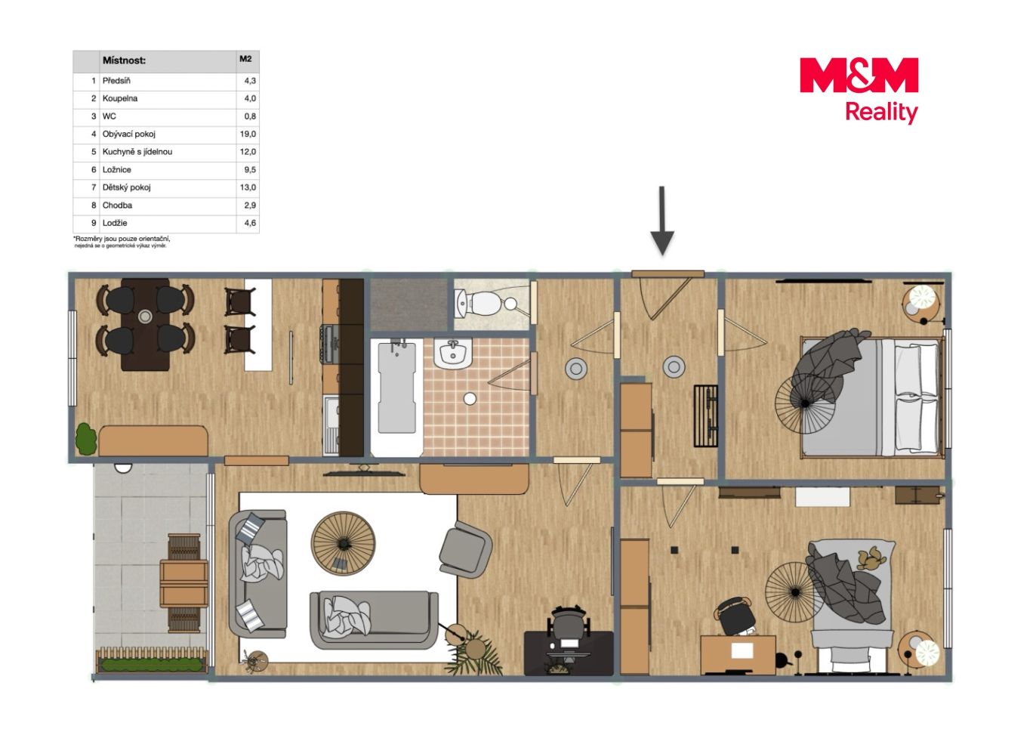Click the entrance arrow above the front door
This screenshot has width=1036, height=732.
(x=662, y=221)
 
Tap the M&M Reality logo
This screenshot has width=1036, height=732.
(x=859, y=91)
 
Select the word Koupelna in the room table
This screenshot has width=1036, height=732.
(x=120, y=98)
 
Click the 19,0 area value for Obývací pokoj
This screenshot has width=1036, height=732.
(x=248, y=134)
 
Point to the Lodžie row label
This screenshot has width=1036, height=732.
(x=115, y=223)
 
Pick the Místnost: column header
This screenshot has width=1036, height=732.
(x=124, y=60)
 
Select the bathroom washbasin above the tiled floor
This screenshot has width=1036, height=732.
(x=452, y=354)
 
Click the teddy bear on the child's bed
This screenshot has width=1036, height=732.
(x=870, y=558)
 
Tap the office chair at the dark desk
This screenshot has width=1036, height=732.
(x=569, y=626)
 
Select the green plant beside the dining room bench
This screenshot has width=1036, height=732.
(x=86, y=438)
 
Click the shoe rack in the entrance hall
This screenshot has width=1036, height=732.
(x=706, y=416)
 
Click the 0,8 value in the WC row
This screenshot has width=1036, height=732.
(x=250, y=116)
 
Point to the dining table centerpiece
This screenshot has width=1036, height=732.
(x=145, y=317)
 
